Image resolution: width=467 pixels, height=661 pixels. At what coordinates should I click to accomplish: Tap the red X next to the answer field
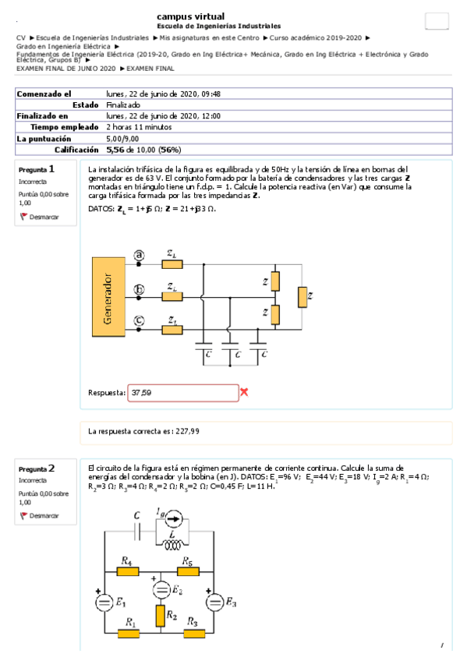click(x=244, y=392)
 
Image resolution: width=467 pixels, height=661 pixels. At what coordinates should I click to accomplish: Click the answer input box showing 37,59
click(x=183, y=393)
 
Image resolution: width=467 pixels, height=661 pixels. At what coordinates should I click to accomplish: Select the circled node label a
click(x=140, y=254)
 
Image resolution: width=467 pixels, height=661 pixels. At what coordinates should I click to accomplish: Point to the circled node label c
click(x=140, y=320)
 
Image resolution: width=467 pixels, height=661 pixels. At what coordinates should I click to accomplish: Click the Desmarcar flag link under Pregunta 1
click(x=39, y=217)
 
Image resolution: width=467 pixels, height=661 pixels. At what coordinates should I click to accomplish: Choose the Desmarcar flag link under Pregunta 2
click(x=39, y=515)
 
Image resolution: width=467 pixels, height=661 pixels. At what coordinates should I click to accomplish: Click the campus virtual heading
click(x=191, y=16)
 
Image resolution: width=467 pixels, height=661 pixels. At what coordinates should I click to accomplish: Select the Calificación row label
click(x=76, y=149)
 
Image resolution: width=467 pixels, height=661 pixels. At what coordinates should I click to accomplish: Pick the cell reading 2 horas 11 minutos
click(x=140, y=126)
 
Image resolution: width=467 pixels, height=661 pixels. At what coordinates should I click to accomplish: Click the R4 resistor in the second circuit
click(x=128, y=571)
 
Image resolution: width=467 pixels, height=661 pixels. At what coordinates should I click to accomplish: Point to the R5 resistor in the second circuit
click(x=187, y=571)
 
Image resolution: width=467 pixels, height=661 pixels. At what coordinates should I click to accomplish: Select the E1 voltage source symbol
click(x=103, y=603)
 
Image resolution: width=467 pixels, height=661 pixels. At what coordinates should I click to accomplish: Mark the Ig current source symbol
click(x=177, y=515)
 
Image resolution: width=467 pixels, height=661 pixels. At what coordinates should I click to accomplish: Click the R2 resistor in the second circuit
click(x=160, y=616)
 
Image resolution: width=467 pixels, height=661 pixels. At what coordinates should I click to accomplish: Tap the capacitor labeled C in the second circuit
click(x=137, y=530)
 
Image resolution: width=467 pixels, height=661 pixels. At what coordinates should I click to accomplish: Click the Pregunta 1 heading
click(x=37, y=168)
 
